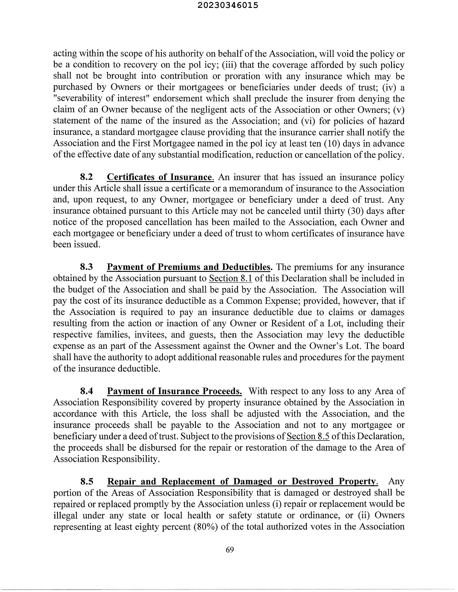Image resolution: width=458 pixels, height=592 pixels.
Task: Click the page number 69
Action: (x=230, y=550)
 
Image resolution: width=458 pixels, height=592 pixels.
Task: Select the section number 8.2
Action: (x=86, y=177)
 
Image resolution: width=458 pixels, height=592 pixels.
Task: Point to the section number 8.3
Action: (x=86, y=267)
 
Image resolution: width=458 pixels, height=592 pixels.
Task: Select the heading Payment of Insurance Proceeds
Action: (x=174, y=391)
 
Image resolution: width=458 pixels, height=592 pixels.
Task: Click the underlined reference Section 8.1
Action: (x=230, y=278)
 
